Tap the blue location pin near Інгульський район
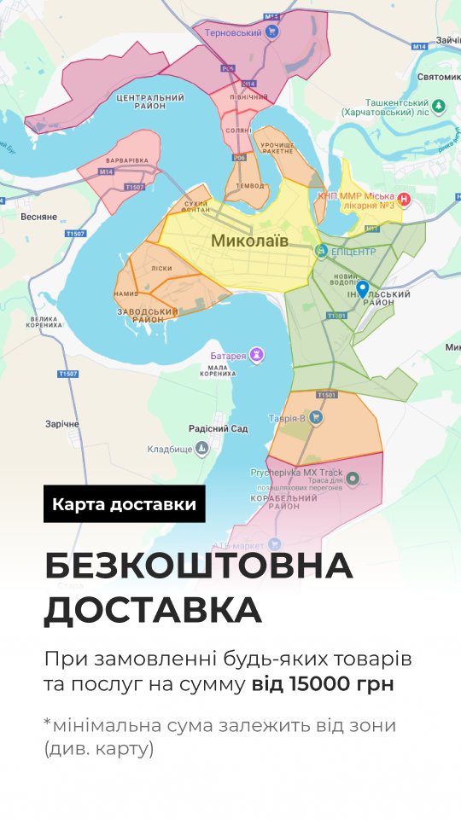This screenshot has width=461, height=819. coord(363,290)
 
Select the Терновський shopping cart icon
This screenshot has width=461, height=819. coord(272,32)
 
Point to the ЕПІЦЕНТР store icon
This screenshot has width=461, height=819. coord(321,251)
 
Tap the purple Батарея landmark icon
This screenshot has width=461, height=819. coord(255,355)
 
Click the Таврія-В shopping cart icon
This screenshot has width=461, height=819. coord(316,417)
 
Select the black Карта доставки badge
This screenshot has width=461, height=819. coord(125,503)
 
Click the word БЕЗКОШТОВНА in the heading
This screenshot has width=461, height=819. coord(198,566)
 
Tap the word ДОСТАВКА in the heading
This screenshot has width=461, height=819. coord(154,610)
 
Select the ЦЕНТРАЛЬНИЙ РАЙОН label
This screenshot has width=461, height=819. coord(151,102)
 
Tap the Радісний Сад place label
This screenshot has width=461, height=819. coord(218,429)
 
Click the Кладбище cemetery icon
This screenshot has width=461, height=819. coord(201,448)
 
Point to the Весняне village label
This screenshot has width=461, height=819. coord(38,217)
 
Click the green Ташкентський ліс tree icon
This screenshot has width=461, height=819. coord(438,106)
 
